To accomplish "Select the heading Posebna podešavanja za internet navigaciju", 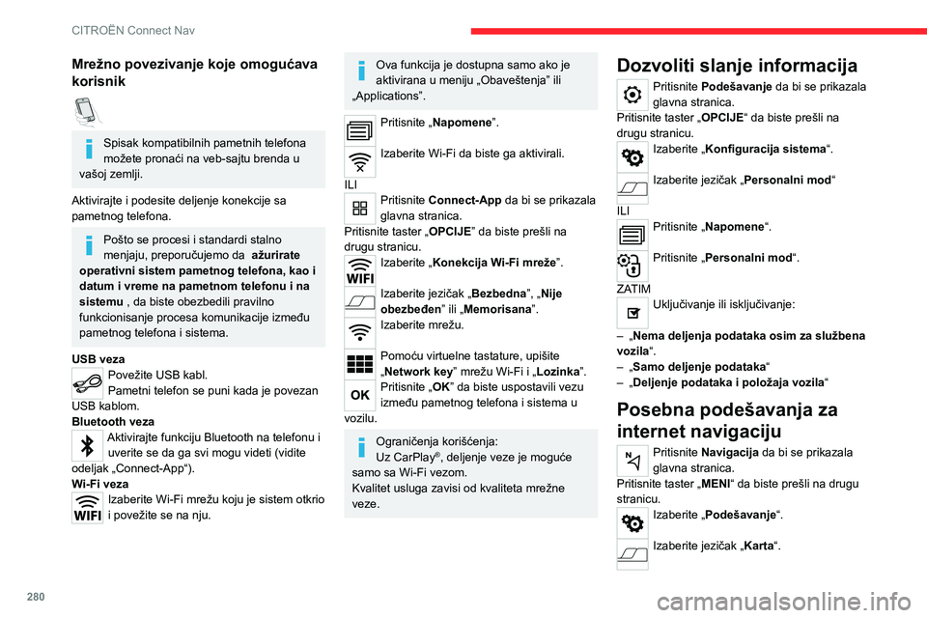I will (727, 421).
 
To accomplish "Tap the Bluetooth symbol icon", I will (86, 445).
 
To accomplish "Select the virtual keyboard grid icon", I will (358, 359).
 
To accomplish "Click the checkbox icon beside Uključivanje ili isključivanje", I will (631, 311).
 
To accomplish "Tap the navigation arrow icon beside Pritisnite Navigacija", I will (631, 460).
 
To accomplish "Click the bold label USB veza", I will (98, 359).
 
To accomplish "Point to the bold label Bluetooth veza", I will (113, 422).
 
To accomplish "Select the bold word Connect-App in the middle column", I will (463, 200).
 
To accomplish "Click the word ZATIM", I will (634, 289).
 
